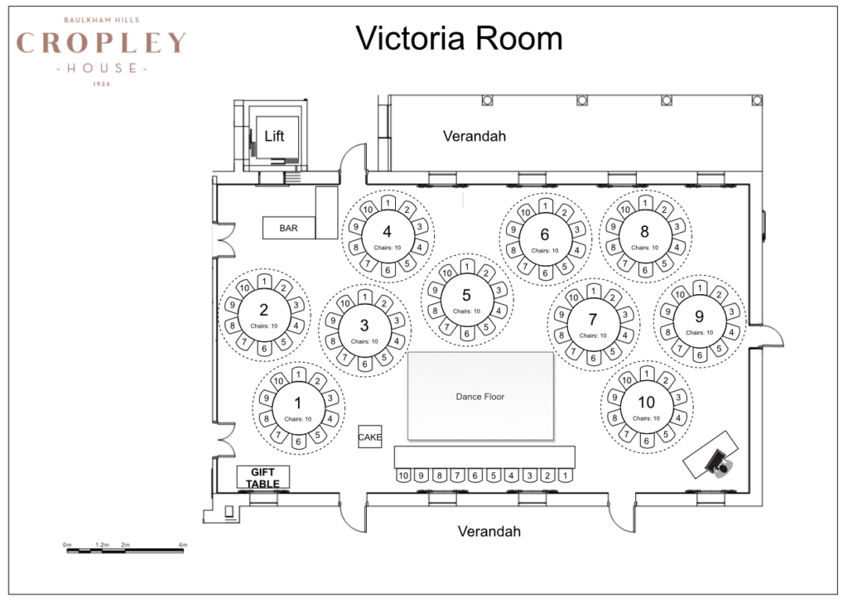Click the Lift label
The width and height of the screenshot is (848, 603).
pyautogui.click(x=274, y=136)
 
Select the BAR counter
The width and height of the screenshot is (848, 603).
pyautogui.click(x=288, y=228)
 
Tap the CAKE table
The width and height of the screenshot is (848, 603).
pyautogui.click(x=370, y=437)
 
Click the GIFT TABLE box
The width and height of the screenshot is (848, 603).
pyautogui.click(x=263, y=478)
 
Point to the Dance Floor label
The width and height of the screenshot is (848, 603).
pyautogui.click(x=479, y=397)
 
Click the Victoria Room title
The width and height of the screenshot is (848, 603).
pyautogui.click(x=459, y=38)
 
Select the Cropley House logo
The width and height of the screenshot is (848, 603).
pyautogui.click(x=101, y=49)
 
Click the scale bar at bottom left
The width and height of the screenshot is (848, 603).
pyautogui.click(x=124, y=549)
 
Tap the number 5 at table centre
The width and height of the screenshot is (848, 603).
pyautogui.click(x=467, y=295)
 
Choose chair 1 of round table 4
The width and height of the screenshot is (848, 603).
pyautogui.click(x=388, y=204)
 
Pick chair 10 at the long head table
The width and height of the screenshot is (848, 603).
pyautogui.click(x=403, y=475)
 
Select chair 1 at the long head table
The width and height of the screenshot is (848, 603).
pyautogui.click(x=565, y=475)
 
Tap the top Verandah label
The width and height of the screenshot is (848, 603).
pyautogui.click(x=474, y=136)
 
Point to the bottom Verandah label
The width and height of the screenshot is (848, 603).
pyautogui.click(x=489, y=532)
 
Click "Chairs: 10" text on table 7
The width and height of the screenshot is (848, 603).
pyautogui.click(x=593, y=335)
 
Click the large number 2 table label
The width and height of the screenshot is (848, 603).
pyautogui.click(x=263, y=311)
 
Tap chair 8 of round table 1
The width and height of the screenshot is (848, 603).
pyautogui.click(x=267, y=418)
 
